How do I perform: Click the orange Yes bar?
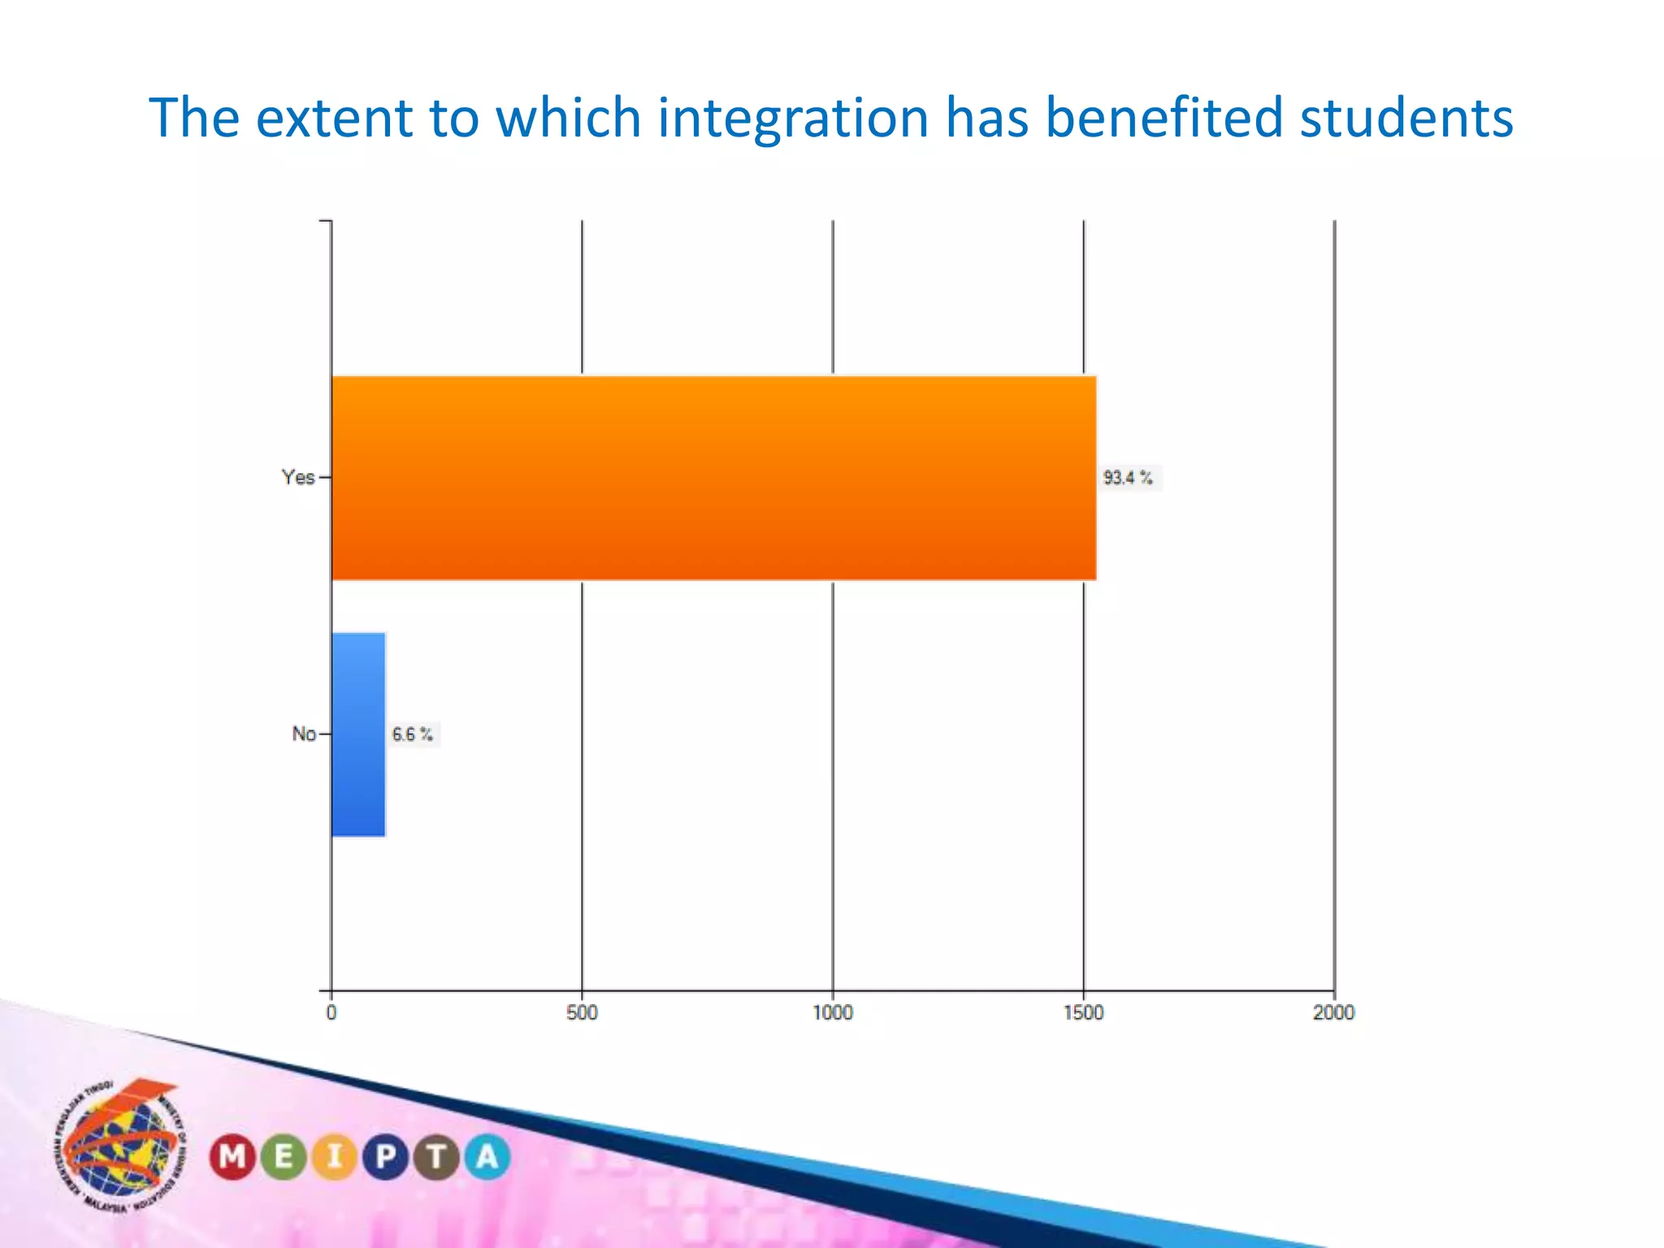[713, 478]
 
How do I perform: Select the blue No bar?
[358, 734]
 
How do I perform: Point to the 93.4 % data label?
[1128, 478]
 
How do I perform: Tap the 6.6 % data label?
[413, 734]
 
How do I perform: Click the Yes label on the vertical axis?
[298, 478]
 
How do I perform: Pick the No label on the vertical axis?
[304, 734]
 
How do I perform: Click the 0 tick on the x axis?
[331, 1012]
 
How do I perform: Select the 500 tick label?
[582, 1012]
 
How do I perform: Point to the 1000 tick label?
[833, 1012]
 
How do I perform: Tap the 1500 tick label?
[1084, 1012]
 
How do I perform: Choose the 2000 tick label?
[1334, 1012]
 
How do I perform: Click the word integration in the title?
[793, 119]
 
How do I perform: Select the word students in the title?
[1406, 119]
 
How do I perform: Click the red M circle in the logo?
[233, 1156]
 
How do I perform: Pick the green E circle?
[284, 1156]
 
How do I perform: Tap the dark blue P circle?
[386, 1156]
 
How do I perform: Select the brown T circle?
[437, 1156]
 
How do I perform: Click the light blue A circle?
[487, 1156]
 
